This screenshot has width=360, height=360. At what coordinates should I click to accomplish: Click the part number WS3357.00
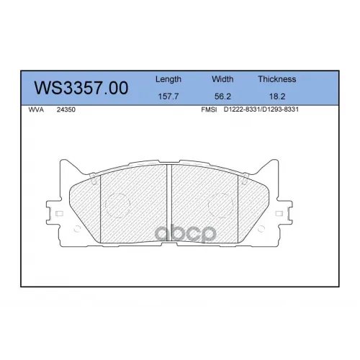81,88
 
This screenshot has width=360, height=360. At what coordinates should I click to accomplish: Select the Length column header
168,79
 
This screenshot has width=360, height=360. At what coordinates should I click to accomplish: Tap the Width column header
222,79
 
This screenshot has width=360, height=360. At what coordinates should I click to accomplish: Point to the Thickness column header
277,79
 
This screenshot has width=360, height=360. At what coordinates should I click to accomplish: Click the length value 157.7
168,96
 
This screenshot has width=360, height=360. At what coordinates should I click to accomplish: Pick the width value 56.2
222,96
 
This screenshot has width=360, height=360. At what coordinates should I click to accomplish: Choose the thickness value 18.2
277,96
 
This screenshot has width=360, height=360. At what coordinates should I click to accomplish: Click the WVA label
36,109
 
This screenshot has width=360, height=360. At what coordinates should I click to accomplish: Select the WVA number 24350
66,109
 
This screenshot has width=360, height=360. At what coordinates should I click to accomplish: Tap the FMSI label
209,109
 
